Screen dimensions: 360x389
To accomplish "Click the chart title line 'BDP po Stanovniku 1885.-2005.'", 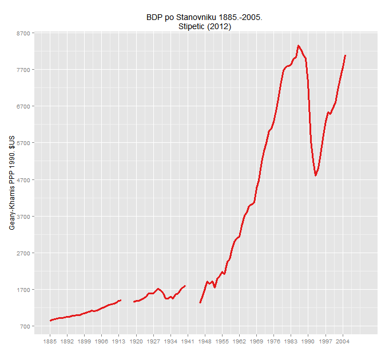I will pyautogui.click(x=205, y=18).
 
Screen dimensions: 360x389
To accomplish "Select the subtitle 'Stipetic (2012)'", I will pyautogui.click(x=205, y=27).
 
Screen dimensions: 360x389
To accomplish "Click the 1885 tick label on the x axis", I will pyautogui.click(x=50, y=342).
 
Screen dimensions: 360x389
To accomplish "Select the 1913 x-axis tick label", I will pyautogui.click(x=119, y=342).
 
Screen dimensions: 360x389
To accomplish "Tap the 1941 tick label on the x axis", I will pyautogui.click(x=188, y=342).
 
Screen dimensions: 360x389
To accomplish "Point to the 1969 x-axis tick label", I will pyautogui.click(x=256, y=342).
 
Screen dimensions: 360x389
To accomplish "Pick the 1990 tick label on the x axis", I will pyautogui.click(x=308, y=342).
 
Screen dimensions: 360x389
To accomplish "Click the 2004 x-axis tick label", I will pyautogui.click(x=343, y=342).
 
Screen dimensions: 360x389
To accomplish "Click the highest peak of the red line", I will pyautogui.click(x=299, y=46).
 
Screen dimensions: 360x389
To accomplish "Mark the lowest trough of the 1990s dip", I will pyautogui.click(x=316, y=175).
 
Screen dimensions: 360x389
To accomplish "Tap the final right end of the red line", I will pyautogui.click(x=346, y=55).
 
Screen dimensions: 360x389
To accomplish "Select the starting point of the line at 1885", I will pyautogui.click(x=50, y=321).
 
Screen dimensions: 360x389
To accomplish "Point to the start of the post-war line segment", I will pyautogui.click(x=200, y=303).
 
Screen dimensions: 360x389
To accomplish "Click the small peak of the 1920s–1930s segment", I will pyautogui.click(x=158, y=289).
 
